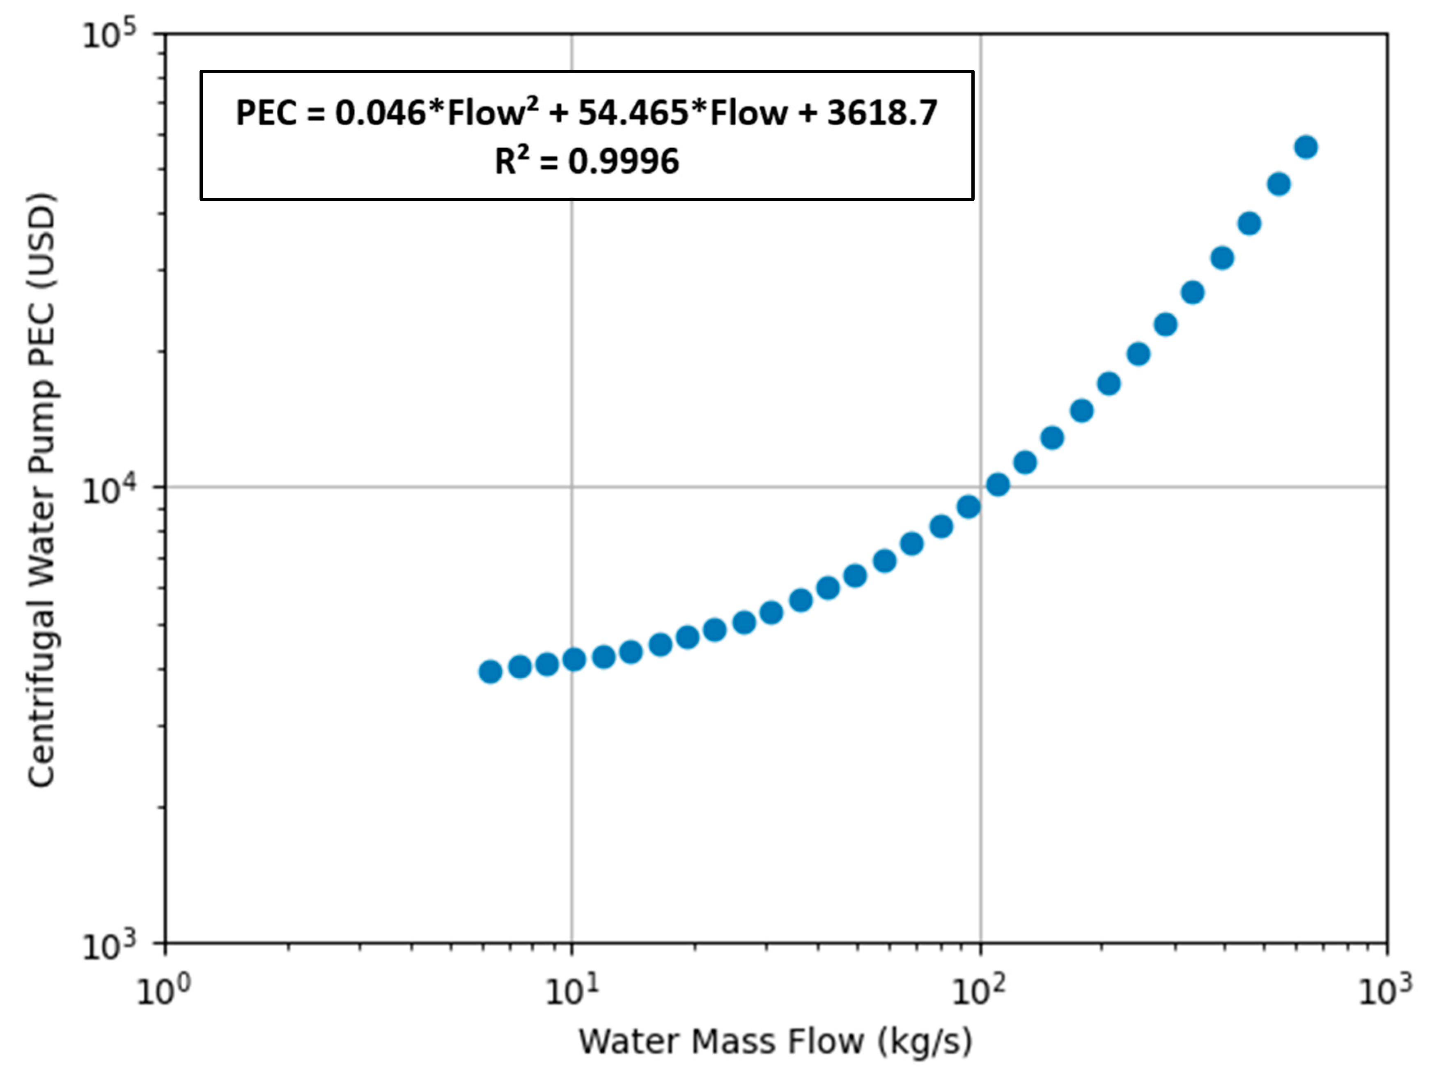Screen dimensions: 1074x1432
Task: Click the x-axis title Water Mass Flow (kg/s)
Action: point(775,1041)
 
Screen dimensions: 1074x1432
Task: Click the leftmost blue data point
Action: point(490,671)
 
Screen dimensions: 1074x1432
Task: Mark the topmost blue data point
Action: point(1306,147)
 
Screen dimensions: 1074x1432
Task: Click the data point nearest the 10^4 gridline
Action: point(998,484)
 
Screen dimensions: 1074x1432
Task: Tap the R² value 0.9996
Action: point(624,161)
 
